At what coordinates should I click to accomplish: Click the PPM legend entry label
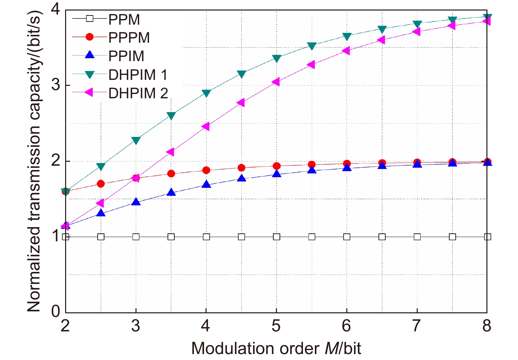pyautogui.click(x=124, y=19)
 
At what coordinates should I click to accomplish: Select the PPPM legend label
pyautogui.click(x=129, y=37)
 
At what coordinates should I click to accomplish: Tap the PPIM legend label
pyautogui.click(x=126, y=56)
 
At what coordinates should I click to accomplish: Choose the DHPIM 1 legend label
pyautogui.click(x=138, y=75)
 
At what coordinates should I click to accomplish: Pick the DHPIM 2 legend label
pyautogui.click(x=138, y=93)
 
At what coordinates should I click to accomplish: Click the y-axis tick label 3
pyautogui.click(x=56, y=85)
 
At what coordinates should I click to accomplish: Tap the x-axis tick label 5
pyautogui.click(x=276, y=326)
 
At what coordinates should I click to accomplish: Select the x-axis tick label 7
pyautogui.click(x=416, y=326)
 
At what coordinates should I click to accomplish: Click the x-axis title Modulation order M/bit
pyautogui.click(x=276, y=348)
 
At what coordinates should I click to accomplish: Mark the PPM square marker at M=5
pyautogui.click(x=277, y=237)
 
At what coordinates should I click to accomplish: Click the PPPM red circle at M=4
pyautogui.click(x=206, y=170)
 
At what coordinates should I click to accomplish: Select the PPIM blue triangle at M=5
pyautogui.click(x=277, y=173)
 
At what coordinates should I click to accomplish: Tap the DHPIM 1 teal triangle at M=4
pyautogui.click(x=206, y=93)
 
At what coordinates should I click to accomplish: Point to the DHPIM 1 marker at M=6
pyautogui.click(x=347, y=36)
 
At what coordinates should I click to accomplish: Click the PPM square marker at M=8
pyautogui.click(x=487, y=237)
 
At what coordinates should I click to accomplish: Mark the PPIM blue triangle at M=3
pyautogui.click(x=136, y=202)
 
